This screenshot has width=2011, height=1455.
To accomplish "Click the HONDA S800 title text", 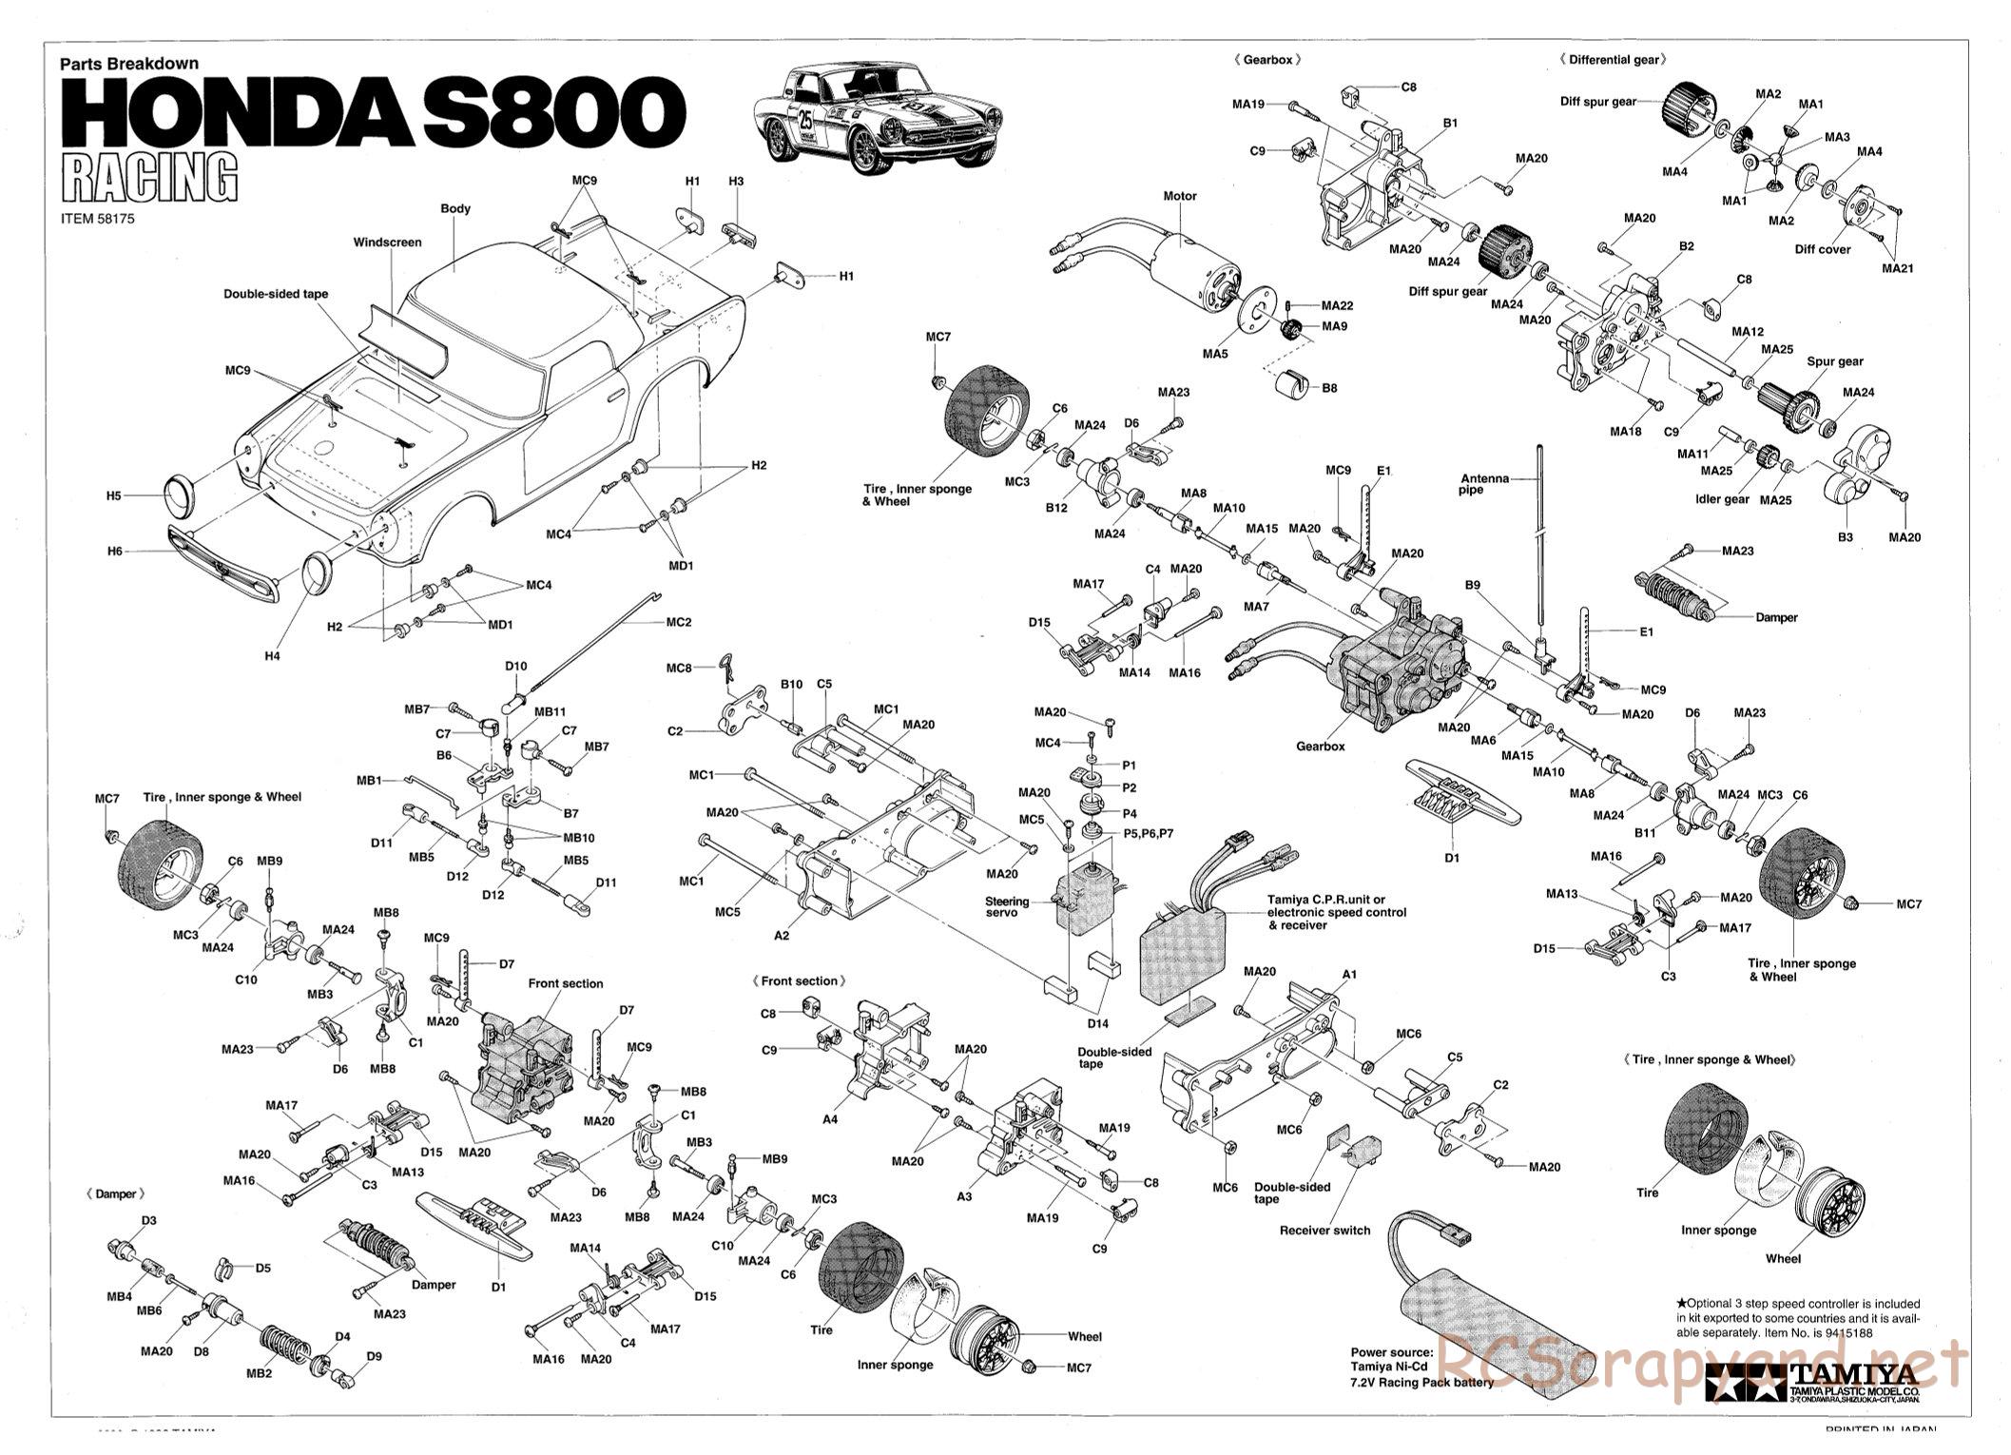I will point(372,111).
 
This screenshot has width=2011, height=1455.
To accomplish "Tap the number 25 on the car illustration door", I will point(805,121).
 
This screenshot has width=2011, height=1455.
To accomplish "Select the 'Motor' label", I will point(1179,196).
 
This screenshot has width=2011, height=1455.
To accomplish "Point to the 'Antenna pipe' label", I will point(1484,484).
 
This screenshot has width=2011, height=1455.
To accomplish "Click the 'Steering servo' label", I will point(1007,906).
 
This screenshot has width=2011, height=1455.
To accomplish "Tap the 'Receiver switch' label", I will point(1325,1230).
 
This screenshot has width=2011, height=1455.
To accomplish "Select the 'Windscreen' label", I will point(387,242).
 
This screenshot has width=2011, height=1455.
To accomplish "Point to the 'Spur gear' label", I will point(1834,361).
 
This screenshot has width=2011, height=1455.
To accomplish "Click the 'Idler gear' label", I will point(1722,499).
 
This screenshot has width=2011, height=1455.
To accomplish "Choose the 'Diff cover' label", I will point(1822,249).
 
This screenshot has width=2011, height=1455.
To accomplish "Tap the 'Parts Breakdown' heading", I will point(129,64).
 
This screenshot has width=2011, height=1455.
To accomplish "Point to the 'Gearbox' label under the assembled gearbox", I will point(1320,747).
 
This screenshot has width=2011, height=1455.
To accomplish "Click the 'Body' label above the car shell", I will point(455,208).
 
